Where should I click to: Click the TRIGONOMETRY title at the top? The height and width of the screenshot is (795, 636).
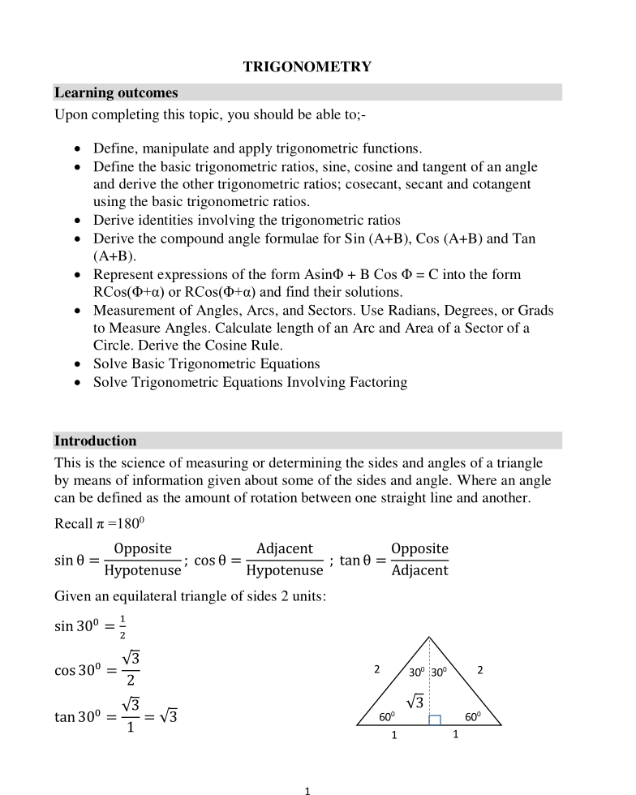[307, 67]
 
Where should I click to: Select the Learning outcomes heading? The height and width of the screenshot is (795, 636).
[116, 93]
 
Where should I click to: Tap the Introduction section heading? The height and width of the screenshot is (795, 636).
[96, 441]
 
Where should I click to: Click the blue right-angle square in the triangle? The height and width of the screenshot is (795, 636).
[435, 720]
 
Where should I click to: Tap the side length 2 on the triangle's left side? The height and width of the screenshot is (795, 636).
[376, 670]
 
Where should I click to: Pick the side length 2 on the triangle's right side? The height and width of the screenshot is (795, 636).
[480, 670]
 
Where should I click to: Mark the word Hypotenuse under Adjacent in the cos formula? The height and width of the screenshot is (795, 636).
[284, 571]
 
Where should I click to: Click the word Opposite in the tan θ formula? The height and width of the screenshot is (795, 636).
[419, 549]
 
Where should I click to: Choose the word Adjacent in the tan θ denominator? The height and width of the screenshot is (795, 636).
[419, 571]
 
